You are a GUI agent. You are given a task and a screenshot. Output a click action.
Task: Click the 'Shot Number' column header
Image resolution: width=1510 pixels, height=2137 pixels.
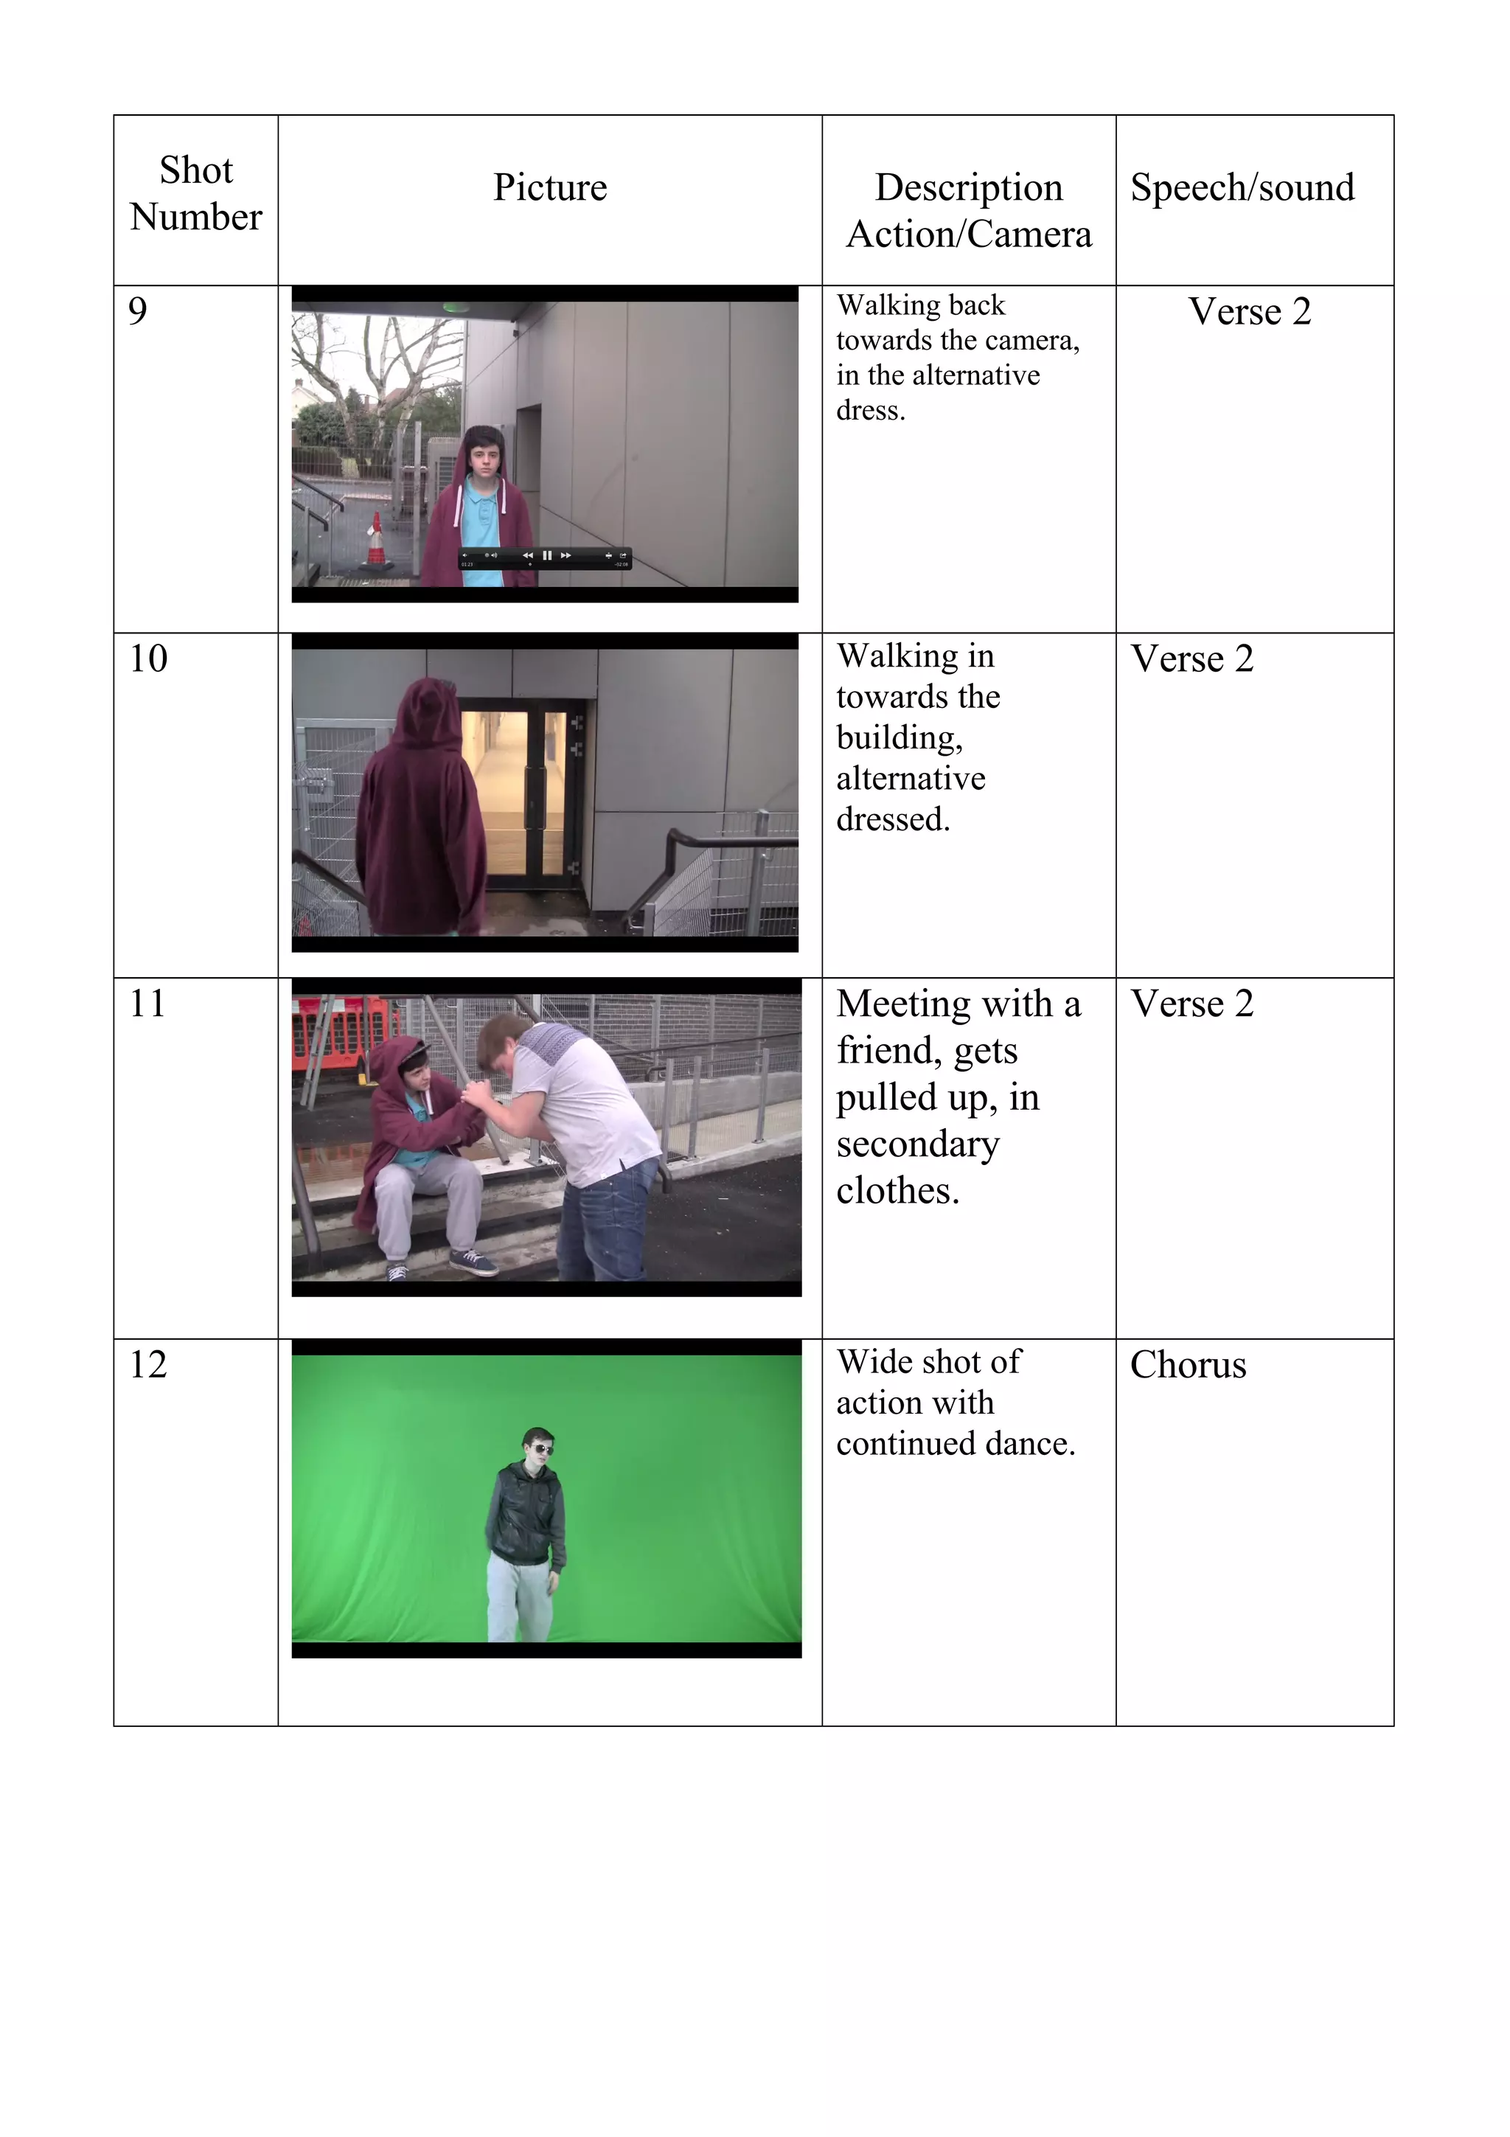[x=195, y=192]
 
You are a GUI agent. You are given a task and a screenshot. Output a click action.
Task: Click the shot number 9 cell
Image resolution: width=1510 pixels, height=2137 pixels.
[x=138, y=311]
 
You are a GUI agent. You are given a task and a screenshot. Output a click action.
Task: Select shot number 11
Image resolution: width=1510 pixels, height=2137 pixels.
[x=147, y=1004]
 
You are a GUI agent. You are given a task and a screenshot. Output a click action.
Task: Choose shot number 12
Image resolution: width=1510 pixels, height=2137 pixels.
[x=148, y=1364]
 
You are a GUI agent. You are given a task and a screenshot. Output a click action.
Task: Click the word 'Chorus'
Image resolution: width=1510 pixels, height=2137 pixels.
[x=1187, y=1364]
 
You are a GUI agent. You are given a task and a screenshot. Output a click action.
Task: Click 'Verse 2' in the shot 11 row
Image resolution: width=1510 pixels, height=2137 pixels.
[x=1191, y=1004]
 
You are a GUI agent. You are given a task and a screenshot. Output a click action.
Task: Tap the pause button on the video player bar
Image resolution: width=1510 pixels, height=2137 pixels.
[x=547, y=556]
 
